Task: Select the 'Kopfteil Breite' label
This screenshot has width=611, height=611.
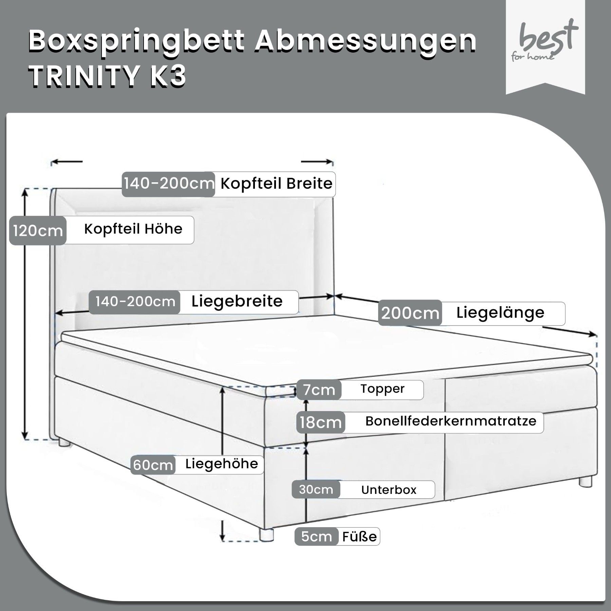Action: [276, 184]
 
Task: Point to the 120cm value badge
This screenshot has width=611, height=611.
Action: [38, 231]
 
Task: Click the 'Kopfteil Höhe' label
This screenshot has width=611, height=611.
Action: [133, 229]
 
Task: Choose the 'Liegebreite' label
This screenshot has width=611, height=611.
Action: [237, 301]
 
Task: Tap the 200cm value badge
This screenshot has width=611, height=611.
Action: [410, 313]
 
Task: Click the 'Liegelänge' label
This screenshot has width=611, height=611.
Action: [500, 312]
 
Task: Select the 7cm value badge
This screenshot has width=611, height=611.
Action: [319, 390]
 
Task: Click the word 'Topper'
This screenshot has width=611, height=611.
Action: [383, 389]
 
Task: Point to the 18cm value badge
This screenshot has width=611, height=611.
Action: [320, 422]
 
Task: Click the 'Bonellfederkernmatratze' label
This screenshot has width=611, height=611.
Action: [451, 421]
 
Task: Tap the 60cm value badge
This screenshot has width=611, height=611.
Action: [153, 465]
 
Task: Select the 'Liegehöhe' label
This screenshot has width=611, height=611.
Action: [222, 464]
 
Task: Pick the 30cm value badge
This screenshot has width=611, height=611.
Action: [316, 489]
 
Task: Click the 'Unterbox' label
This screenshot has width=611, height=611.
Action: [389, 490]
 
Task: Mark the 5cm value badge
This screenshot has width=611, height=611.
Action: [317, 537]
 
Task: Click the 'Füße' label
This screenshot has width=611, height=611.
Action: [359, 537]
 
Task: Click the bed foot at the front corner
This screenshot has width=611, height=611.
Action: [266, 534]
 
